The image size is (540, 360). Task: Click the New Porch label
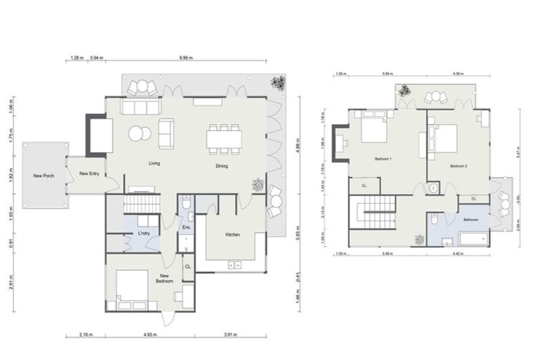tap(44, 175)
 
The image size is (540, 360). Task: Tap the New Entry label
tap(89, 172)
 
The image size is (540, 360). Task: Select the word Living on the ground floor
tap(155, 163)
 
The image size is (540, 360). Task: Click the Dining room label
tap(221, 166)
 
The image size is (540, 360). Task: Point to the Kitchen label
tap(233, 234)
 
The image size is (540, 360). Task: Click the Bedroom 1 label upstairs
tap(382, 160)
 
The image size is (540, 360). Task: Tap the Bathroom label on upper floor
tap(470, 220)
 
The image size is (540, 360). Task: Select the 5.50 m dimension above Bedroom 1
tap(386, 74)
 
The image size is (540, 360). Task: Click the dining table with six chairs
tap(224, 138)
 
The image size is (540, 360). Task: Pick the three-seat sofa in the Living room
tap(141, 106)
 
